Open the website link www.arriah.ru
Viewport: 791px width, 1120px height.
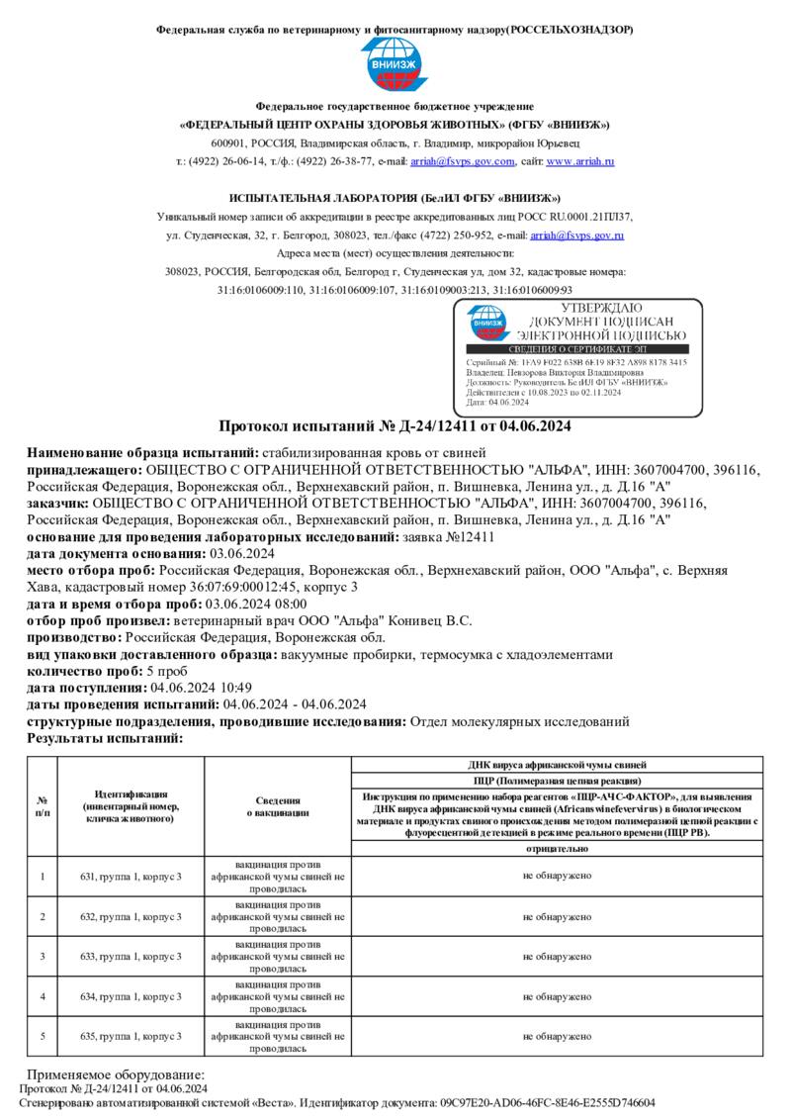580,161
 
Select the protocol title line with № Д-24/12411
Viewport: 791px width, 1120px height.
395,426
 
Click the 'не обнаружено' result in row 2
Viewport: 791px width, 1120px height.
557,917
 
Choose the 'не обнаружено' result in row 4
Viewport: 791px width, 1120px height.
557,996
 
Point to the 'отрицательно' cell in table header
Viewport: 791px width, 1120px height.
557,849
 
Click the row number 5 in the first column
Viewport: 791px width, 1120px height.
43,1036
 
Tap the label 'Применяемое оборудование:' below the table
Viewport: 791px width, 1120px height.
116,1074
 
